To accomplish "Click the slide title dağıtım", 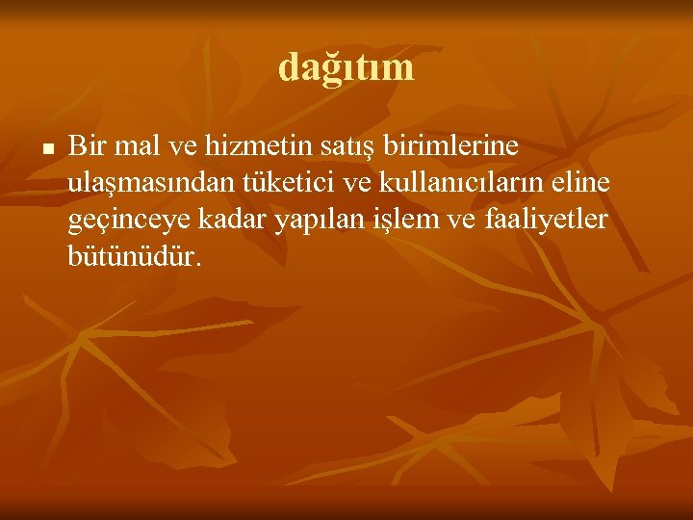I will click(x=346, y=67).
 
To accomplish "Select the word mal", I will click(x=134, y=146).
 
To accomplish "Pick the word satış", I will click(x=351, y=147).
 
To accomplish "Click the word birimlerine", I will click(x=451, y=146).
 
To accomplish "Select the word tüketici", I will click(x=283, y=183).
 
